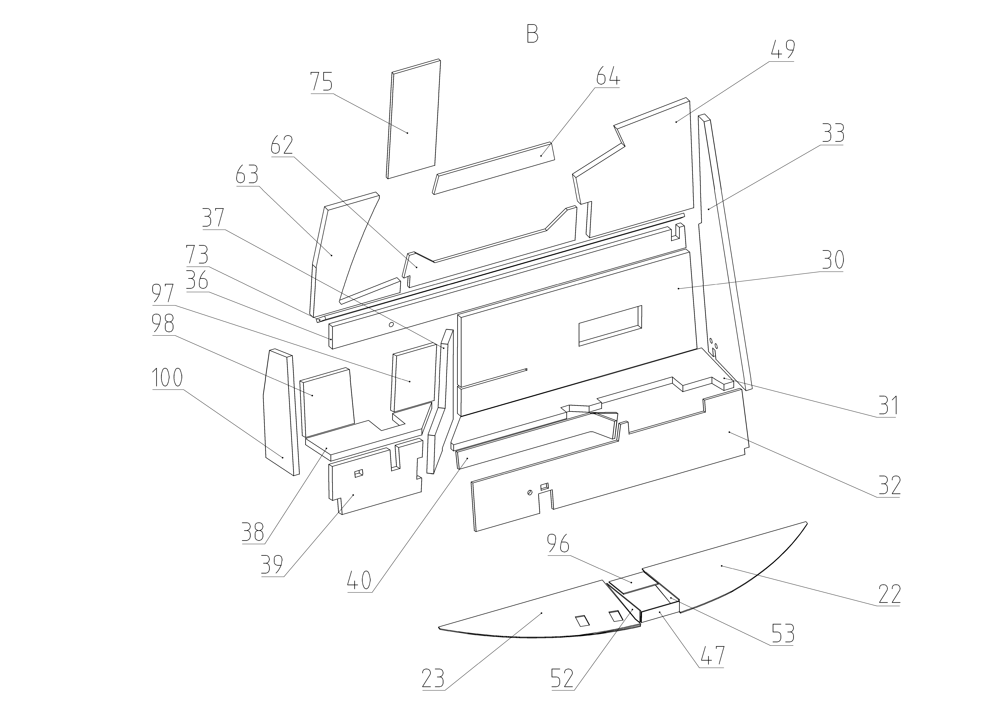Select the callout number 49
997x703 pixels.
(783, 50)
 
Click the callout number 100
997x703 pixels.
(167, 378)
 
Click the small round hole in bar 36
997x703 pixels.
(391, 325)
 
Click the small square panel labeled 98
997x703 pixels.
(327, 401)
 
